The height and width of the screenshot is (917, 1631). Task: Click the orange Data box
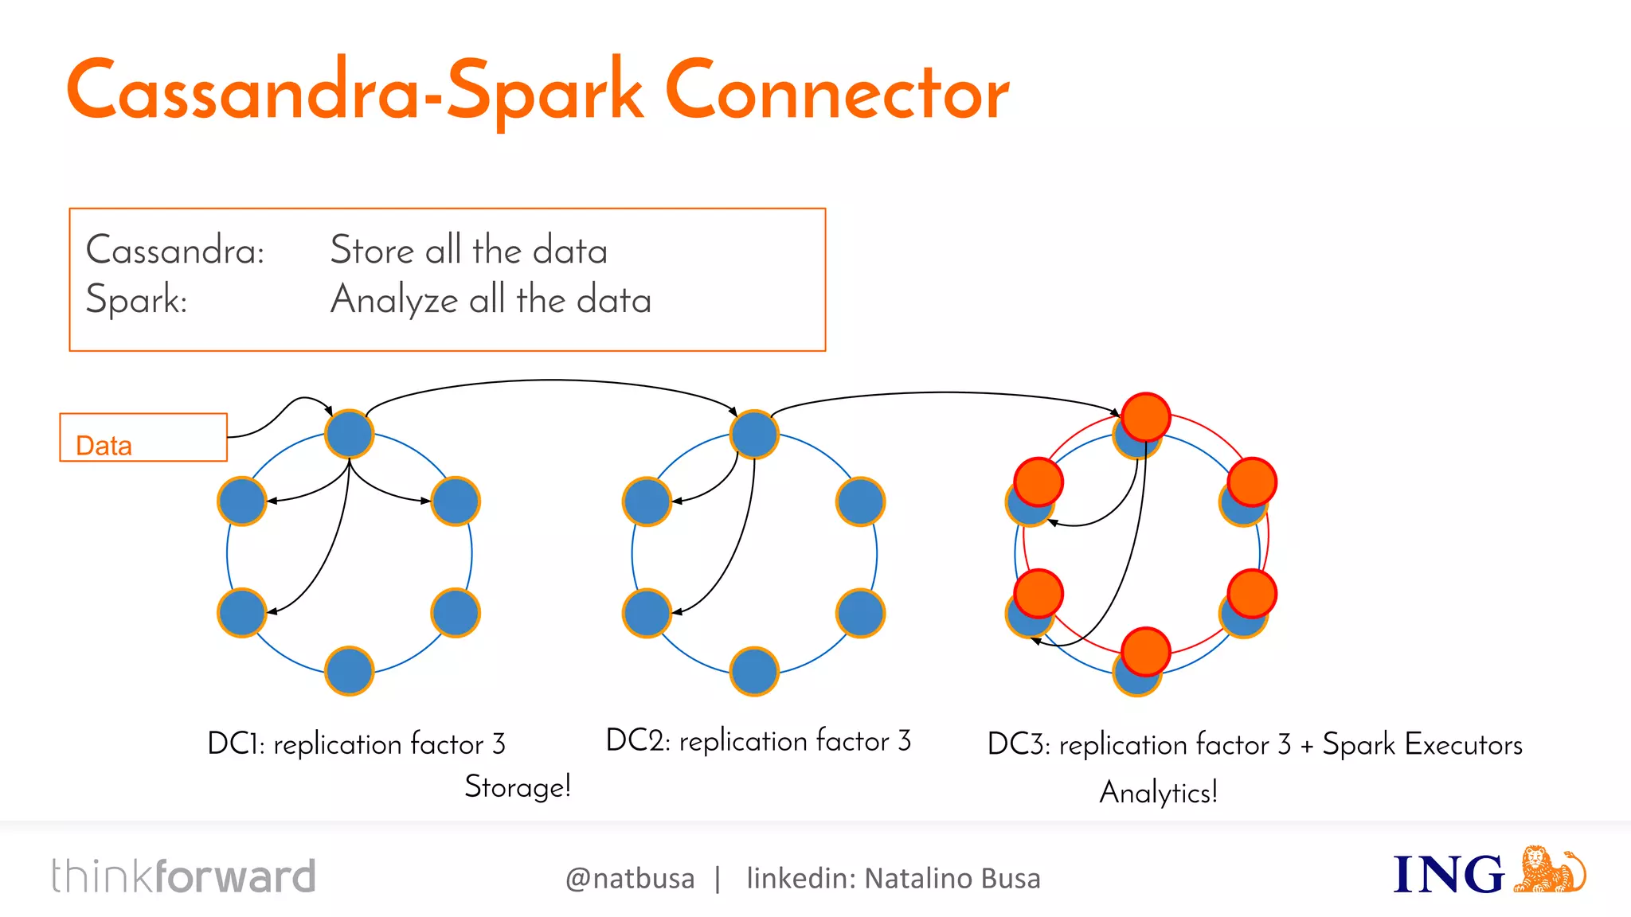click(143, 437)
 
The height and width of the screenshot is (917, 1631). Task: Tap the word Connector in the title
click(837, 92)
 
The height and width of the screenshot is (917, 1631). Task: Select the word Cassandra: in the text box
click(175, 251)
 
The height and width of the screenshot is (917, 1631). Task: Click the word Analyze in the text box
click(394, 301)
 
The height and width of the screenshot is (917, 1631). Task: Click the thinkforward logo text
click(184, 876)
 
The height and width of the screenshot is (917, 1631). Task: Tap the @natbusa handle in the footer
click(630, 879)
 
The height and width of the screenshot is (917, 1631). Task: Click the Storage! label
click(518, 786)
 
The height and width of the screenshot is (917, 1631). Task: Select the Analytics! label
click(1159, 792)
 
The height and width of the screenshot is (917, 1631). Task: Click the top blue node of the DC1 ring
click(350, 434)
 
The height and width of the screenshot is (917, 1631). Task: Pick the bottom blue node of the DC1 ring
click(350, 671)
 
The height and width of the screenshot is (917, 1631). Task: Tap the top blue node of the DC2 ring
click(754, 434)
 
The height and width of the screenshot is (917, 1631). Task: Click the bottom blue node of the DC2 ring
click(754, 671)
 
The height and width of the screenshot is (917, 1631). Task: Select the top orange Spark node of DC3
click(1145, 416)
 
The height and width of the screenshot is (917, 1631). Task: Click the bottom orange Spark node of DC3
click(1145, 651)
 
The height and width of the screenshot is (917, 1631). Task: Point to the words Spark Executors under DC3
click(1422, 744)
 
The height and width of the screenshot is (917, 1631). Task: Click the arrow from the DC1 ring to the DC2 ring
click(550, 380)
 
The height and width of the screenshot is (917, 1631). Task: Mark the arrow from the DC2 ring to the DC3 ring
click(948, 392)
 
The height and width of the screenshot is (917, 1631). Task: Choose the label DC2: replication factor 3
click(758, 741)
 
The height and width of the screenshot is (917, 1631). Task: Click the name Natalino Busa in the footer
click(952, 879)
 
